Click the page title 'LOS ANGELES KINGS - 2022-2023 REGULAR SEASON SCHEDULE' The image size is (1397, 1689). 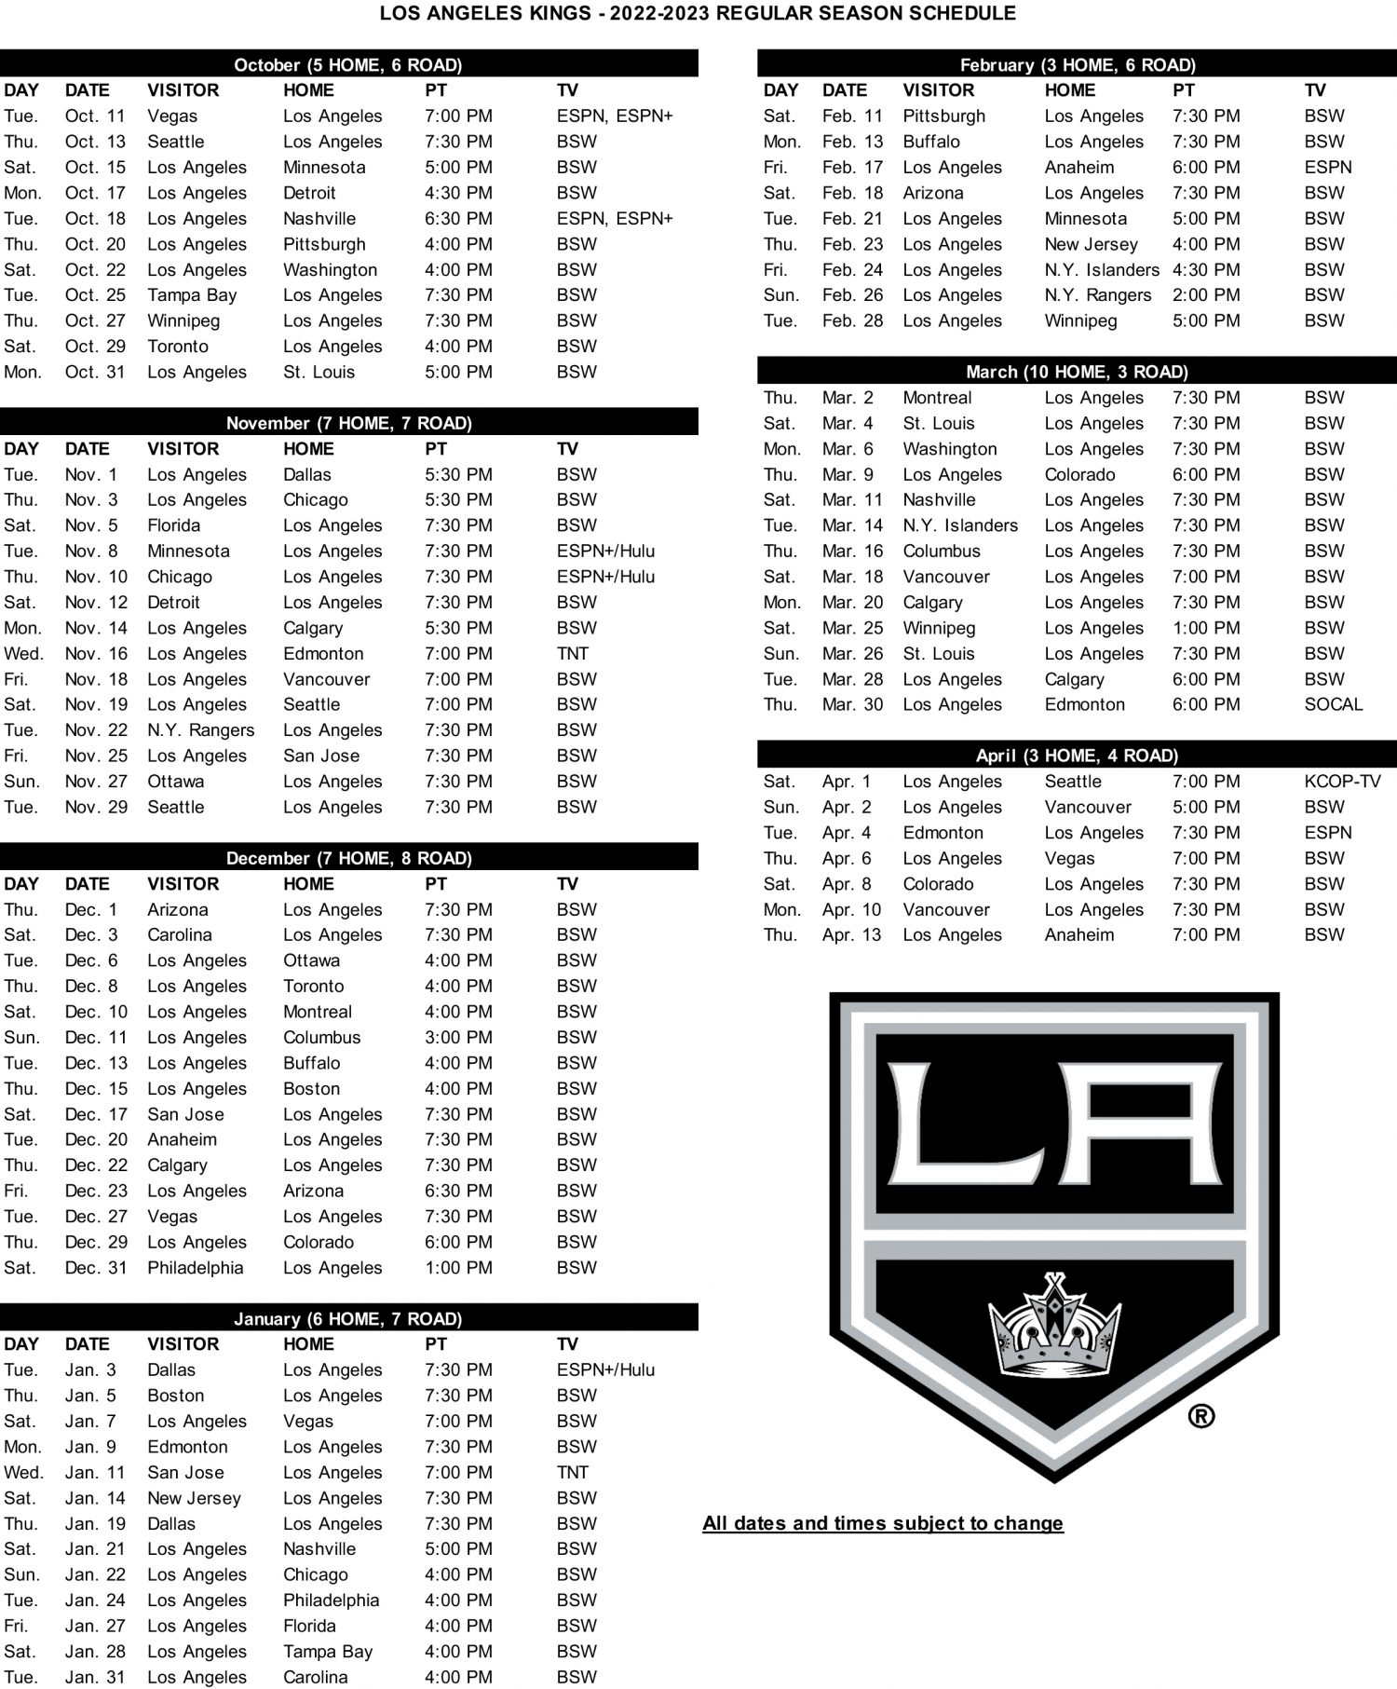click(698, 13)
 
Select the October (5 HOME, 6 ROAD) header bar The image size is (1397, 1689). click(348, 64)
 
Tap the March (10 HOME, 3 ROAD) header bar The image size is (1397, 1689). click(1077, 372)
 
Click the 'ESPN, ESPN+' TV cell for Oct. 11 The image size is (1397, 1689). click(615, 116)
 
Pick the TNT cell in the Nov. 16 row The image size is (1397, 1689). click(573, 654)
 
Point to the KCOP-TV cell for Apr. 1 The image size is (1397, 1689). click(1342, 782)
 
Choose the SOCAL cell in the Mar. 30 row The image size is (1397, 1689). click(1333, 705)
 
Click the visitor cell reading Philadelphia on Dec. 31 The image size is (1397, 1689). click(195, 1268)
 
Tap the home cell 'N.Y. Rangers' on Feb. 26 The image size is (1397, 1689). click(1097, 295)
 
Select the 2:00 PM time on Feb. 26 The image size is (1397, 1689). click(1206, 295)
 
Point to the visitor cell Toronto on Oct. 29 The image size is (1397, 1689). click(178, 347)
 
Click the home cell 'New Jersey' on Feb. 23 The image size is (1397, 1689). click(1091, 244)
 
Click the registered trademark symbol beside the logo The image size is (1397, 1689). click(1201, 1417)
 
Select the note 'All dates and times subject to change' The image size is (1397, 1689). click(883, 1523)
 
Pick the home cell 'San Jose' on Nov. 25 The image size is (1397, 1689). click(321, 756)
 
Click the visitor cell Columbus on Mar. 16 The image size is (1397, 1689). click(942, 552)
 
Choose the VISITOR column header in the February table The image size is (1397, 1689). click(938, 90)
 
